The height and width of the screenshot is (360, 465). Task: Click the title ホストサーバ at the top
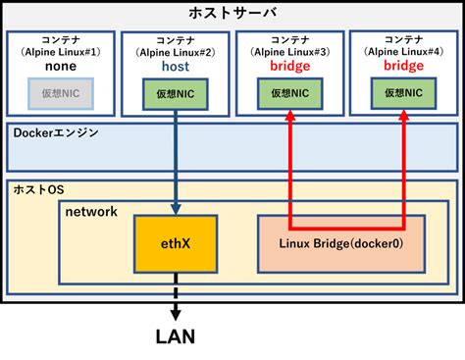click(232, 12)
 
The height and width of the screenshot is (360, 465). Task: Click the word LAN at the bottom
click(175, 337)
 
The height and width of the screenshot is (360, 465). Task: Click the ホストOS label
click(37, 188)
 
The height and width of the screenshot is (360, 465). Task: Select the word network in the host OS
click(91, 211)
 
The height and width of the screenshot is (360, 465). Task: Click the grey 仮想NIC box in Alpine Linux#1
click(59, 92)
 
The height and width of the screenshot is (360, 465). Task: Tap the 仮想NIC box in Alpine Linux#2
click(175, 95)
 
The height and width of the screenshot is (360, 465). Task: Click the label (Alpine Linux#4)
click(403, 51)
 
